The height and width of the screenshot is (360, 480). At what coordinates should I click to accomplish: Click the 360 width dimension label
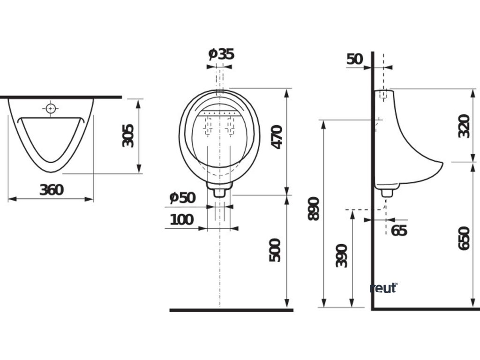[x=51, y=190]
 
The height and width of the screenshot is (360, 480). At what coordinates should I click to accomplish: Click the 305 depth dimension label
[x=128, y=135]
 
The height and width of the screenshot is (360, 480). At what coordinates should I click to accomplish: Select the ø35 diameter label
[x=221, y=54]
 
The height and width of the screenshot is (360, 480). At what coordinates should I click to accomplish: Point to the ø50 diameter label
[x=182, y=198]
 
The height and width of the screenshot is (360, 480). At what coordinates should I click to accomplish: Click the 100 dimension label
[x=181, y=219]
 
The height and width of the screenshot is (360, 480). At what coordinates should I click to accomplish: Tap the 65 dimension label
[x=399, y=231]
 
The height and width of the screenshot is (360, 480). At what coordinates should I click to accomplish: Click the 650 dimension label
[x=464, y=238]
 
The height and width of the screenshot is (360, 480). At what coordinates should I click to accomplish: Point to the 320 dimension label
[x=464, y=126]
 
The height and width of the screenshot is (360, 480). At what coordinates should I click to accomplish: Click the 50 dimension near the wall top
[x=355, y=59]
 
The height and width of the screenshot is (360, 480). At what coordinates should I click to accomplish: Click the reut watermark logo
[x=383, y=288]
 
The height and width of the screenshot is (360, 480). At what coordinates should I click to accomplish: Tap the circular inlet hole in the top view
[x=51, y=109]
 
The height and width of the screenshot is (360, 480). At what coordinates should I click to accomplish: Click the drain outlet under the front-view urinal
[x=219, y=191]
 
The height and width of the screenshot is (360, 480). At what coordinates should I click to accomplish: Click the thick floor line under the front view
[x=231, y=310]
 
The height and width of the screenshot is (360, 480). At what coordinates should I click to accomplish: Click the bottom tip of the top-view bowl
[x=51, y=172]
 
